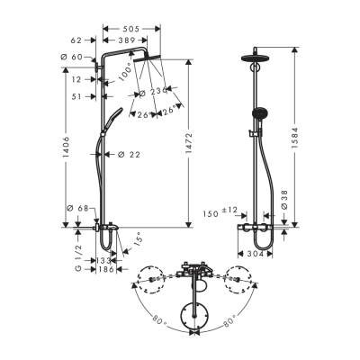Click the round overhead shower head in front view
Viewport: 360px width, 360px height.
(x=253, y=59)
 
